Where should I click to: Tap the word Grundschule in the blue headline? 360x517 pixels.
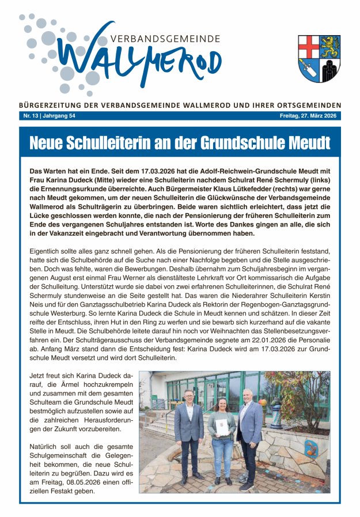236,142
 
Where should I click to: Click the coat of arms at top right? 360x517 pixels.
319,59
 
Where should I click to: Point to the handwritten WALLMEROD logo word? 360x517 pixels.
138,59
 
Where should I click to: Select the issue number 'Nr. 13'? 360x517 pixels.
31,116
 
